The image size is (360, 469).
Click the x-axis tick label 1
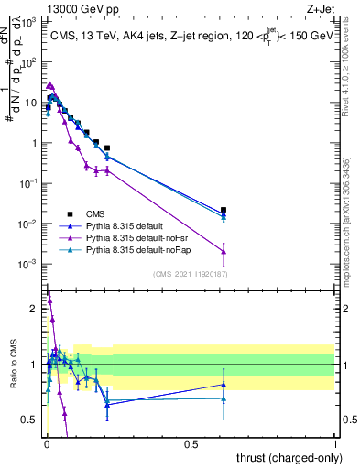click(334, 444)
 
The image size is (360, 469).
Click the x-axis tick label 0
click(46, 444)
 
